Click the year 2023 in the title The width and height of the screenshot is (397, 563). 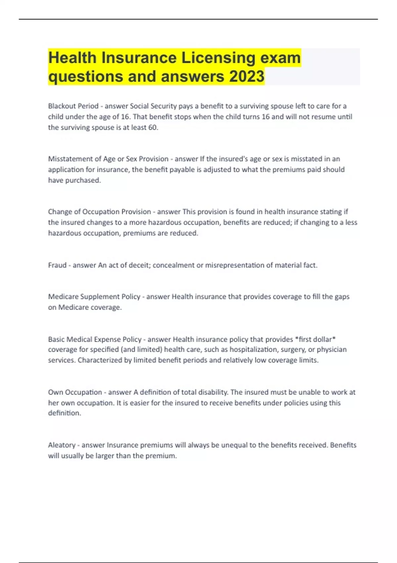tap(246, 76)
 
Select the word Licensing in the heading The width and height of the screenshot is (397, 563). tap(218, 58)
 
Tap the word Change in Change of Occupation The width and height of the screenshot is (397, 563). tap(59, 212)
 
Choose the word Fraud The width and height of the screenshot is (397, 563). tap(57, 265)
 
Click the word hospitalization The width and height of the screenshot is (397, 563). tap(253, 350)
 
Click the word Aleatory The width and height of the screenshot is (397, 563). tap(62, 445)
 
